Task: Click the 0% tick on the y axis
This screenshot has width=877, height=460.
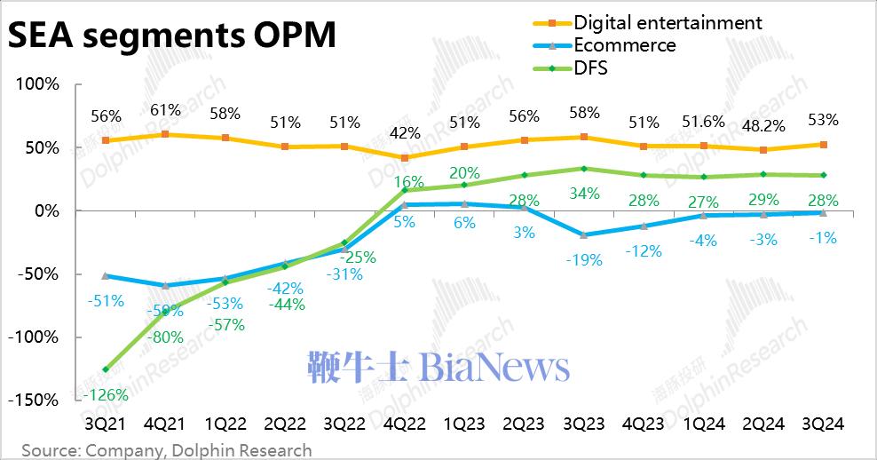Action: (x=45, y=210)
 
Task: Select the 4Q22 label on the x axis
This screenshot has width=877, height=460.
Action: (x=404, y=424)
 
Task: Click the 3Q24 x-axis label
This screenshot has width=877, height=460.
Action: (x=821, y=424)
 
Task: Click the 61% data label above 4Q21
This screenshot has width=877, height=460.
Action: (x=165, y=110)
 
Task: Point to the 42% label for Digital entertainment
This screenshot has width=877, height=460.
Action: (x=404, y=134)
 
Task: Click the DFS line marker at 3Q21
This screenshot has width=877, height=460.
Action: (x=106, y=369)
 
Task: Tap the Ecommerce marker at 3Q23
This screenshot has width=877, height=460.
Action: (x=583, y=235)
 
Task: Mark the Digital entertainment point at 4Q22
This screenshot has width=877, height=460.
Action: (x=404, y=157)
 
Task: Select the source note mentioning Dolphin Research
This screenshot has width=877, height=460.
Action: (x=167, y=450)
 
